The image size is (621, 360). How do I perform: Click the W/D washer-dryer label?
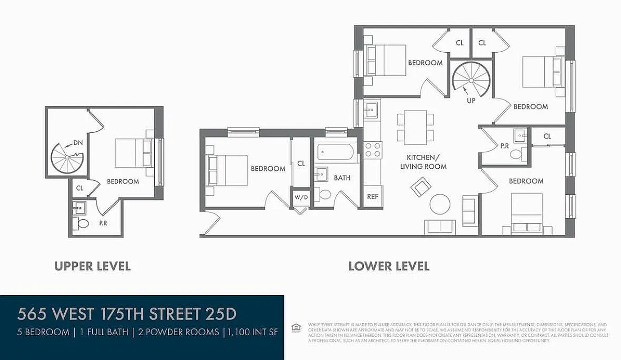(x=301, y=197)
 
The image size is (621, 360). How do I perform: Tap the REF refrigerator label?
(x=373, y=197)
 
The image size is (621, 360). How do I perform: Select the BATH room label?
(x=342, y=178)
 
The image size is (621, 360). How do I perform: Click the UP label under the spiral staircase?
(x=471, y=101)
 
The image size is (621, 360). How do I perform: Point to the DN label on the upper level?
(x=78, y=143)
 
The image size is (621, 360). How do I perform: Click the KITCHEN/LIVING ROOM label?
(x=426, y=162)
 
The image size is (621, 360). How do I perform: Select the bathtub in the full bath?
(x=337, y=152)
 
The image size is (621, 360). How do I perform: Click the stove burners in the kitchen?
(x=373, y=149)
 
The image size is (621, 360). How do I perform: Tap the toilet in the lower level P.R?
(x=516, y=155)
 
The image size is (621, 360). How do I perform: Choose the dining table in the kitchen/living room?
(x=415, y=127)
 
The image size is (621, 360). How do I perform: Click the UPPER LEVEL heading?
(x=93, y=266)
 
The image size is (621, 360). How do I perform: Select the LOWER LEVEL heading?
(x=389, y=266)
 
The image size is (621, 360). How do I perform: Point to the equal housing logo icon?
(x=295, y=327)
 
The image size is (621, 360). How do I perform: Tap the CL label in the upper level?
(x=80, y=188)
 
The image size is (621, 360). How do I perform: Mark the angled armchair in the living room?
(x=420, y=187)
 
